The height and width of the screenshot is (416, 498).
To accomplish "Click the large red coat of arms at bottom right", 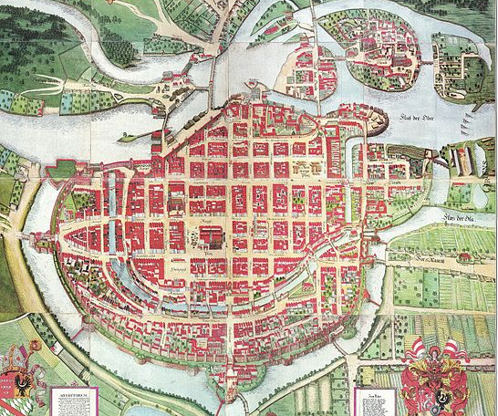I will [436, 381].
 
